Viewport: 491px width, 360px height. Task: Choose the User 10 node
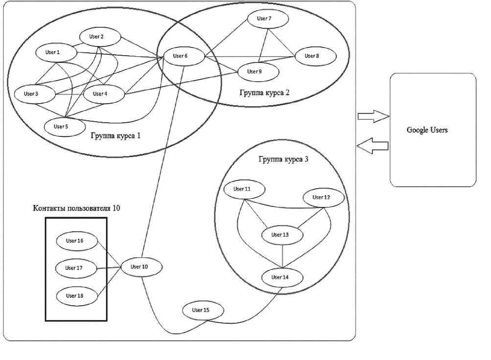tap(140, 267)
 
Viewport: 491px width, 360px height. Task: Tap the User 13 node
tap(280, 235)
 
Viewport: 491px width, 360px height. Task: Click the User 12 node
tap(323, 198)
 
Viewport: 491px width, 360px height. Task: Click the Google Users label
tap(427, 131)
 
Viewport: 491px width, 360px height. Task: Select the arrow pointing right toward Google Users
tap(373, 116)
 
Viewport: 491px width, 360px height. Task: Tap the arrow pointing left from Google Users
tap(373, 145)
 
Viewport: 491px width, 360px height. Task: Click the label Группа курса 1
tap(116, 135)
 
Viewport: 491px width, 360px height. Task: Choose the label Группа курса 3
tap(283, 159)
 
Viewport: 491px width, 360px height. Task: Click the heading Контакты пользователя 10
tap(76, 208)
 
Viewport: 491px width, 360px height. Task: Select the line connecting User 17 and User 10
tap(108, 268)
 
